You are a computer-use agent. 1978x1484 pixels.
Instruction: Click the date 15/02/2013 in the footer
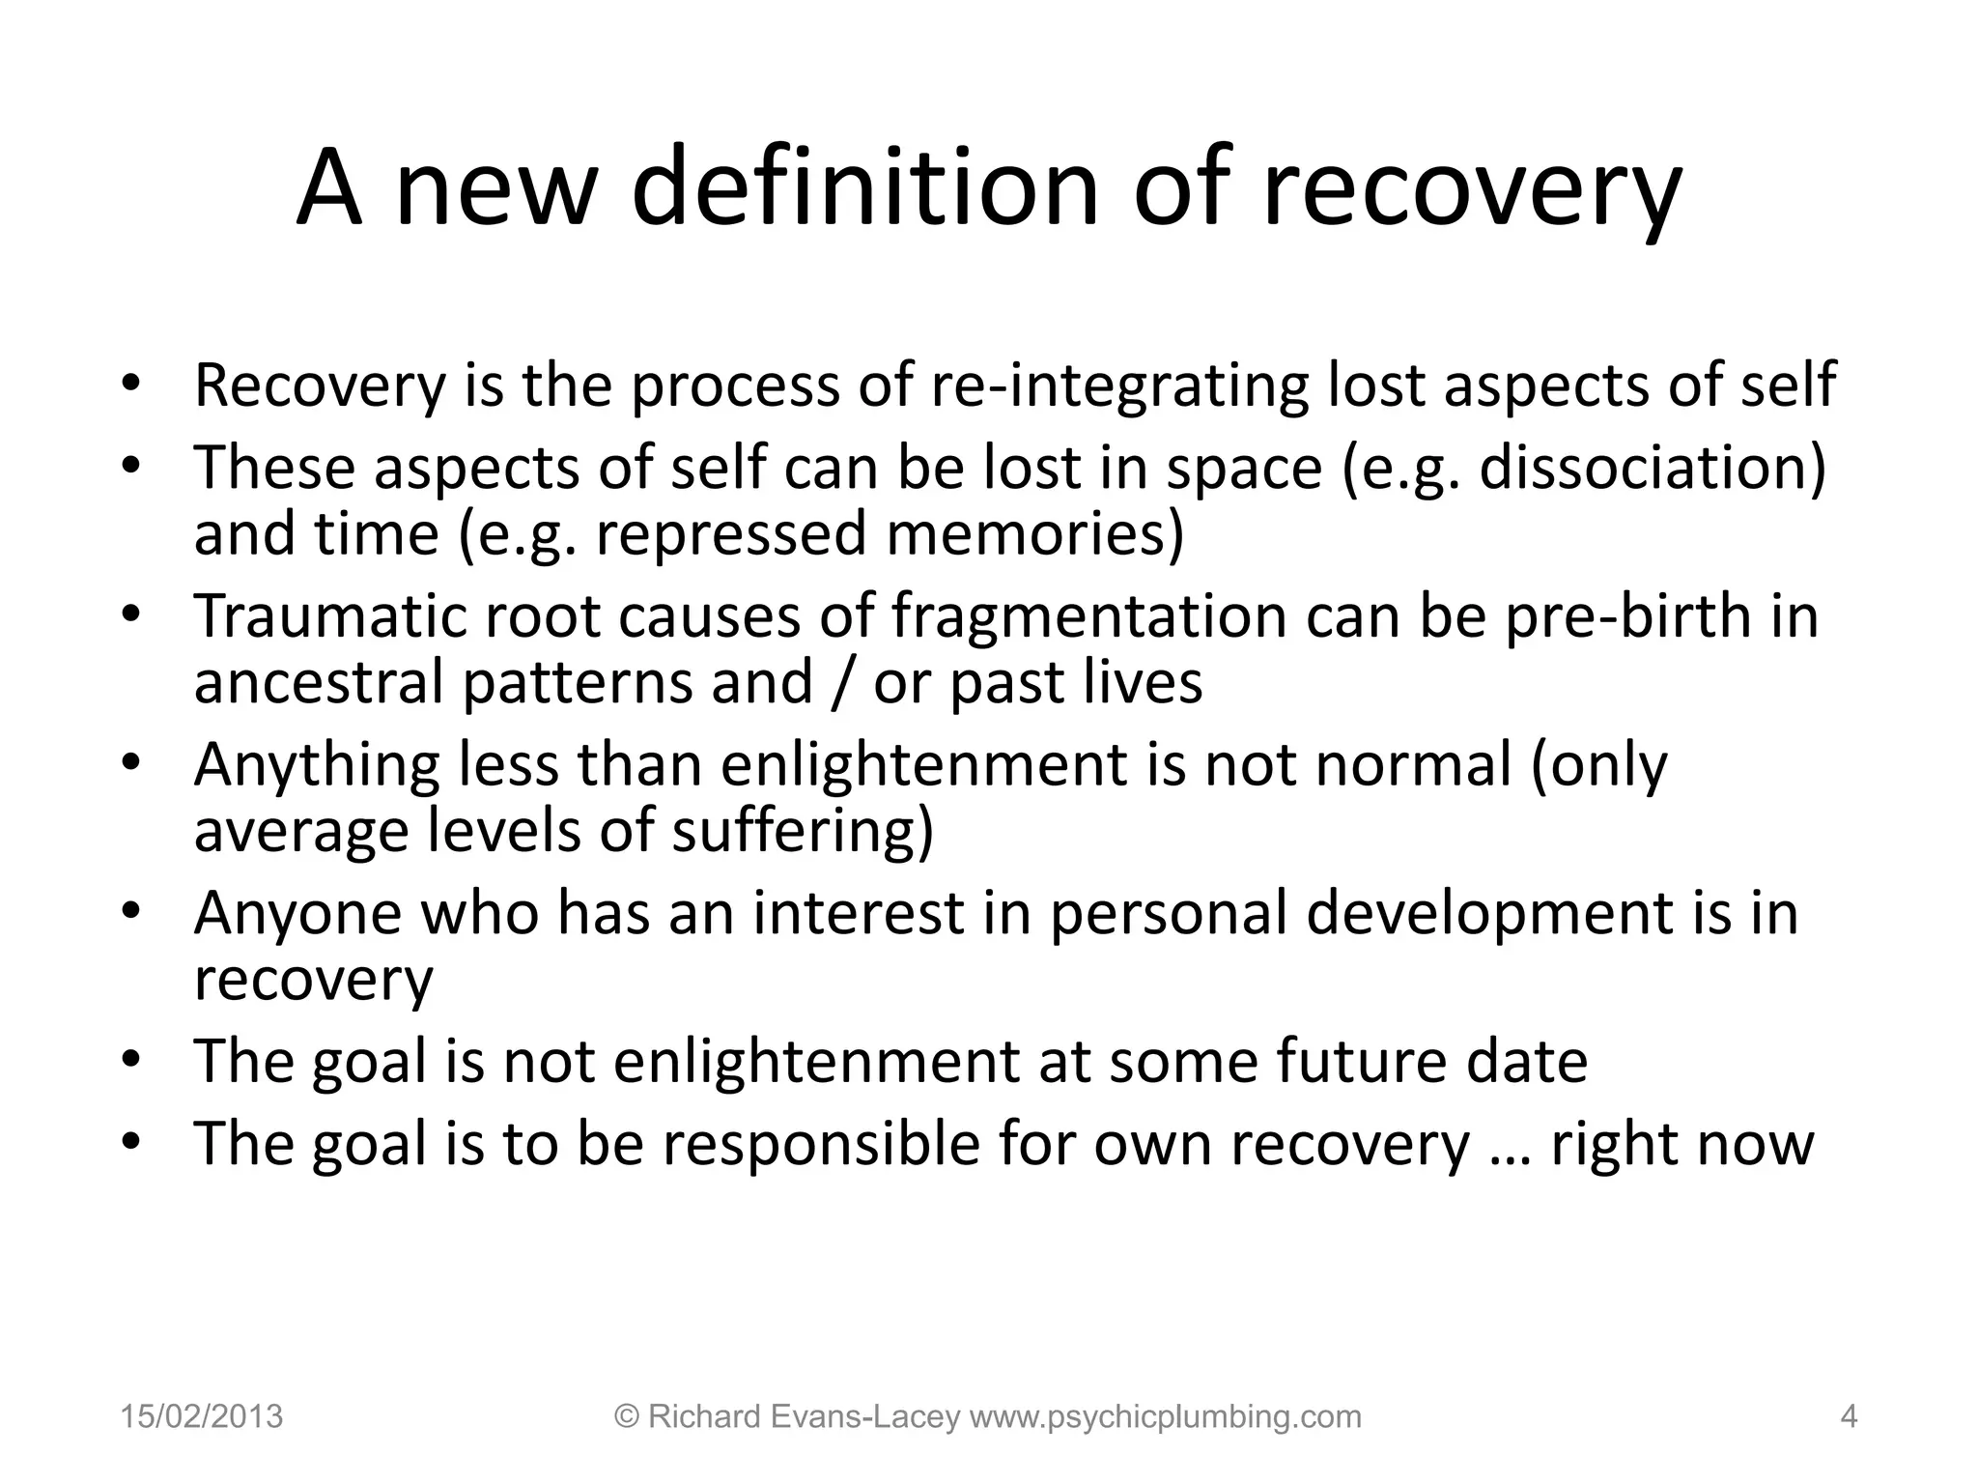point(202,1417)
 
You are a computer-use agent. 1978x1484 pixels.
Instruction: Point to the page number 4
point(1849,1417)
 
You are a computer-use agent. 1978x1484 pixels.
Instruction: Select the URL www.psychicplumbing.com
point(1165,1417)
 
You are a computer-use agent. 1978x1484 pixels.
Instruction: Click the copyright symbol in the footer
point(628,1417)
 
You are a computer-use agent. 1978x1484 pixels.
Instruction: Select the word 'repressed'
point(731,534)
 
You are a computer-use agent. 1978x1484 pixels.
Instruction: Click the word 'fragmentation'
point(1088,616)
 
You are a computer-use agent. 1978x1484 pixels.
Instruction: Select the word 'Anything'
point(317,765)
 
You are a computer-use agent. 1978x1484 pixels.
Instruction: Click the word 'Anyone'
point(297,913)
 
